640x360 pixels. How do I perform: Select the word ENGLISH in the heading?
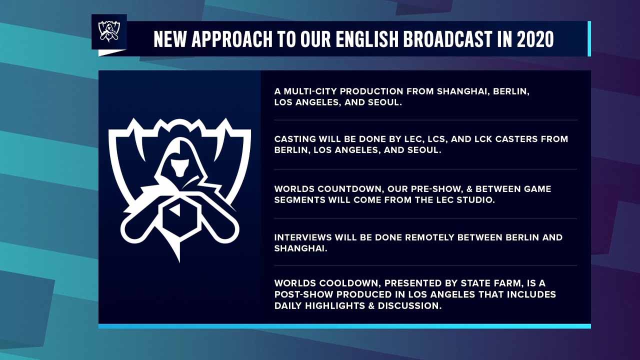367,39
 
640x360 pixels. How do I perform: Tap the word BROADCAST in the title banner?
448,39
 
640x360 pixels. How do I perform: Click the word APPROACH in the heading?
231,39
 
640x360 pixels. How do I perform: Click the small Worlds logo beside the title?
109,31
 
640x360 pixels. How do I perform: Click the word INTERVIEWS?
302,237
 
